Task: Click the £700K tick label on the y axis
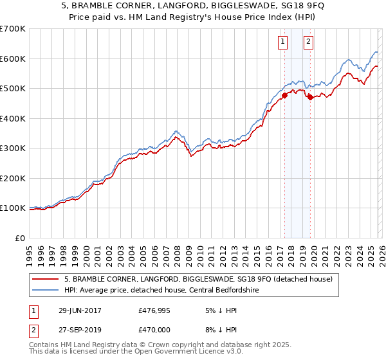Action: (13, 29)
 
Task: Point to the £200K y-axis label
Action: (13, 178)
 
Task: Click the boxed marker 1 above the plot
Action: (282, 42)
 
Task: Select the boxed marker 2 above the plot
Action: (309, 42)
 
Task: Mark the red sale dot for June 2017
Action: (284, 96)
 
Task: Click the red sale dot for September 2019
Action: (310, 98)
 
